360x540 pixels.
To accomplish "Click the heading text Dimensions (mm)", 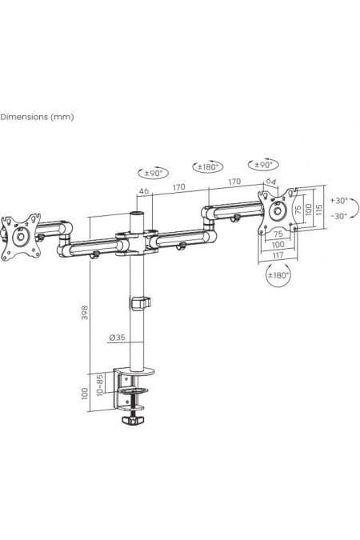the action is click(x=37, y=117).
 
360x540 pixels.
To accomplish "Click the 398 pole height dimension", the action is click(x=85, y=312).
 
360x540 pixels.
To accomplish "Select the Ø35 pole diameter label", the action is click(x=117, y=338).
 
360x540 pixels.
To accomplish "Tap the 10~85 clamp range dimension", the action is click(x=100, y=385).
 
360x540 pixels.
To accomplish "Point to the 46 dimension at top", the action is click(x=144, y=190).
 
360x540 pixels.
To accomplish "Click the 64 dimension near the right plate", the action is click(x=270, y=181).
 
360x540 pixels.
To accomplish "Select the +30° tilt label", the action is click(x=339, y=200).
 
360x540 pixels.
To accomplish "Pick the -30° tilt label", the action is click(x=339, y=216).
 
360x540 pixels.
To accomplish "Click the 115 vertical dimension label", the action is click(x=318, y=209).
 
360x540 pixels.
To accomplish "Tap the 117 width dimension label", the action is click(x=278, y=255).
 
